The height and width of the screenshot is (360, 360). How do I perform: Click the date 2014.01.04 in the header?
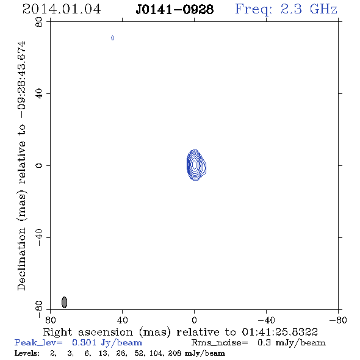click(62, 9)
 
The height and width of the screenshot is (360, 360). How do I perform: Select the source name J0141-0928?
click(175, 10)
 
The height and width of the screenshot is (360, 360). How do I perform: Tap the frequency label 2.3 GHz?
click(309, 9)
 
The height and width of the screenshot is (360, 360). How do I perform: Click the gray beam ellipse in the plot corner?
click(65, 302)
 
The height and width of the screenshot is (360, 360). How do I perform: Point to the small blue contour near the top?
click(112, 38)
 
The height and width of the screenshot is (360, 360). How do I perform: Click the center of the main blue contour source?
click(195, 165)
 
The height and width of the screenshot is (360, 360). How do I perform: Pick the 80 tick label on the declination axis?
click(39, 22)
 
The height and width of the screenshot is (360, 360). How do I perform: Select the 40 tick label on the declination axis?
click(39, 94)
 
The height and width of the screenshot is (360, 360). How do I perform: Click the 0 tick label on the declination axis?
click(39, 165)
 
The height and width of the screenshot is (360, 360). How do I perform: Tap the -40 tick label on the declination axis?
click(39, 237)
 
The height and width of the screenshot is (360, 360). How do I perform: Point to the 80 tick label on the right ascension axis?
click(51, 320)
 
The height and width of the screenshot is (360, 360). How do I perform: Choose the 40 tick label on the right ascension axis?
click(123, 320)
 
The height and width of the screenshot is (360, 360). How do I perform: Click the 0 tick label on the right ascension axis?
click(194, 320)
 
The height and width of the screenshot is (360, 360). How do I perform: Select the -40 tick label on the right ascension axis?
click(266, 320)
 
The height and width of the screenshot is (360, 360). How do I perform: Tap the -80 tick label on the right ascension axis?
click(338, 320)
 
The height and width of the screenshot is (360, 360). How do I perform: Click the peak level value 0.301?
click(84, 342)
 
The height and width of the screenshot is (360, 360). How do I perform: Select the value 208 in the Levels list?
click(175, 353)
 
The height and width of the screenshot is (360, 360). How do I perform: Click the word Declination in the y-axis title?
click(21, 259)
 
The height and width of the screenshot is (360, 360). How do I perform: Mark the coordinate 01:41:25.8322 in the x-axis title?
click(280, 332)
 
